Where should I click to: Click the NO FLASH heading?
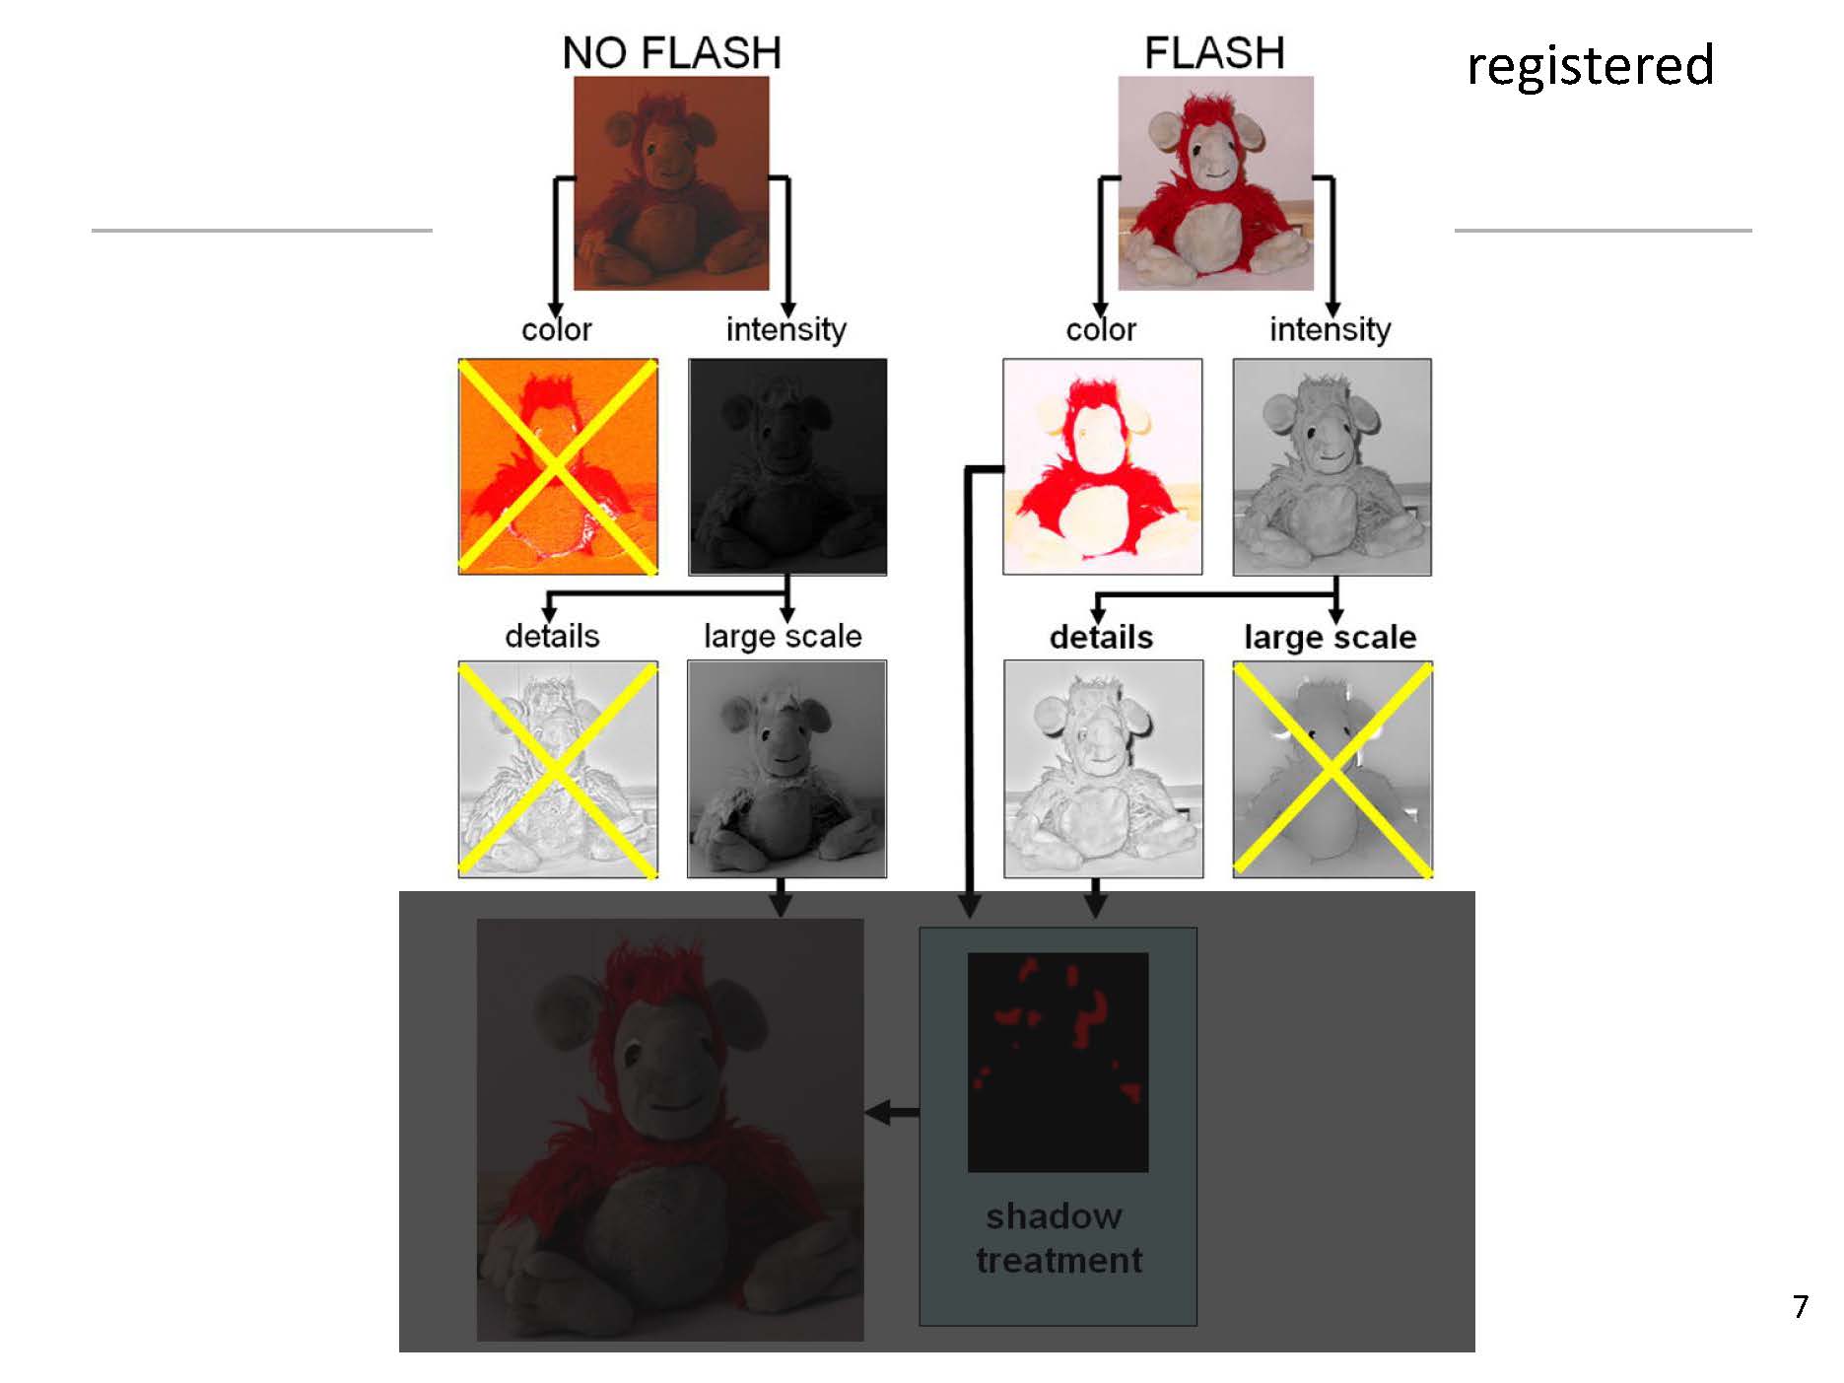671,52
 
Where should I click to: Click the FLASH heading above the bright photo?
1214,52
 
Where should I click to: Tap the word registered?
1590,66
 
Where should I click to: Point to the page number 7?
1801,1306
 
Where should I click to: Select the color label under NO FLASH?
557,329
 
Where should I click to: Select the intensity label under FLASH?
1330,329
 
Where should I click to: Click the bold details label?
1101,637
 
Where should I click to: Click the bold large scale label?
1330,637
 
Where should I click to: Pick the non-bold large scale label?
783,637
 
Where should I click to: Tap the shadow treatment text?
1058,1238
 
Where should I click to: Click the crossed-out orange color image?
558,466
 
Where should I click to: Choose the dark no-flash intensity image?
787,466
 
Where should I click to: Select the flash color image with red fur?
1102,466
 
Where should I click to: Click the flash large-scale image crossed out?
1332,769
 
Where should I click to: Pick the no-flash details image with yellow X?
558,769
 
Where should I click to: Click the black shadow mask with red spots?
1058,1062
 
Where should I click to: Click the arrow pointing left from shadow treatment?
891,1113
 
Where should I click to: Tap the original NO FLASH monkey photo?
671,182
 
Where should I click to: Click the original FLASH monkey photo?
1215,182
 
